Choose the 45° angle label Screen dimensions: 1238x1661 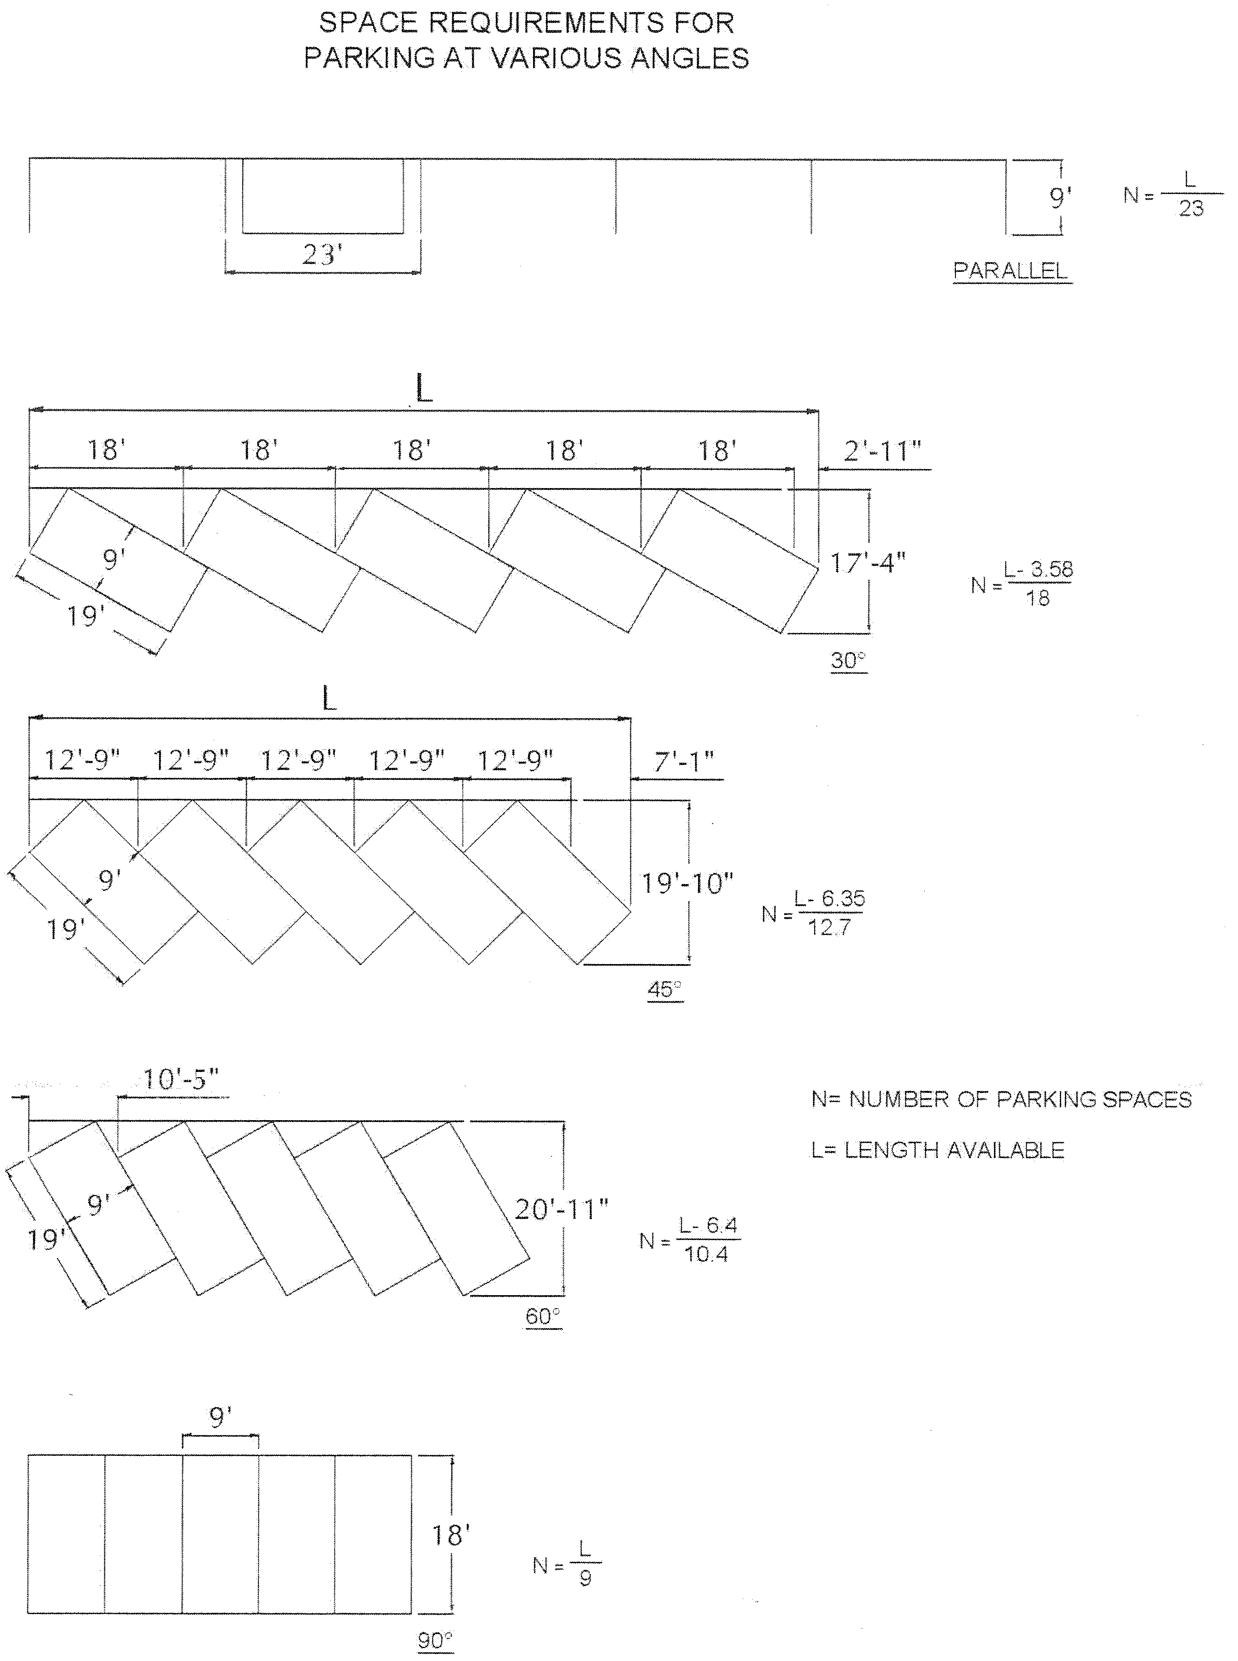665,989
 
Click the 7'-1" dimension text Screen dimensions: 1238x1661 684,762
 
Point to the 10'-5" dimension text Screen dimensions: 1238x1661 181,1079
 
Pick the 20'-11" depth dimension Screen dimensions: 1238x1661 560,1209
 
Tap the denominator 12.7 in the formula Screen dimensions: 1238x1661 829,928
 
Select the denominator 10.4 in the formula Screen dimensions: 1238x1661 706,1254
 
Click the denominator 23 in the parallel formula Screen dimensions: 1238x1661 1191,208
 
